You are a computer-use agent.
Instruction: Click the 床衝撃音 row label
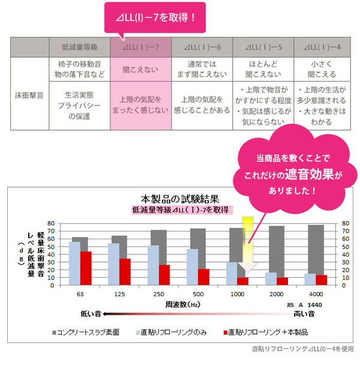[x=29, y=94]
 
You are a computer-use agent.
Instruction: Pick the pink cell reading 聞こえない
[x=140, y=70]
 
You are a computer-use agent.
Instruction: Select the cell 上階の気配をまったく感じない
[x=140, y=105]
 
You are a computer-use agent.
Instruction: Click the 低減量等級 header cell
[x=79, y=47]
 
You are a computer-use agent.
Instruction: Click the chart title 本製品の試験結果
[x=179, y=198]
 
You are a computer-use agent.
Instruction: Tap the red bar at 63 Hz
[x=86, y=268]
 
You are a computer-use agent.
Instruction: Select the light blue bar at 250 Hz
[x=153, y=265]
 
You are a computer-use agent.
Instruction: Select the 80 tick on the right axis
[x=346, y=223]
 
